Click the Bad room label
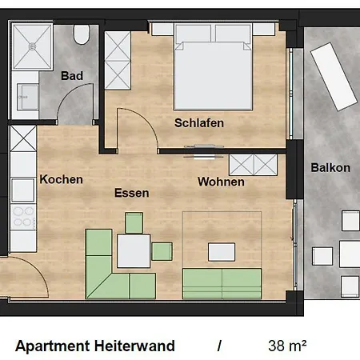(x=72, y=76)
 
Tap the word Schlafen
(x=199, y=123)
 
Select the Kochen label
(x=61, y=179)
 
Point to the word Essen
(x=132, y=193)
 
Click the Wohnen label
(x=221, y=182)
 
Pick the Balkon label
(x=330, y=168)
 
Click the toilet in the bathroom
(x=81, y=34)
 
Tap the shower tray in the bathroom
(x=32, y=47)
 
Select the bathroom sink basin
(x=28, y=97)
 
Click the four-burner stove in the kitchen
(x=23, y=217)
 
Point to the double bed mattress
(x=213, y=76)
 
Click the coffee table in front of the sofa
(x=222, y=252)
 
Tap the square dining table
(x=134, y=250)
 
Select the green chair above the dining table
(x=134, y=223)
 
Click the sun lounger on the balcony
(x=334, y=77)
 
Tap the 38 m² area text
(x=287, y=346)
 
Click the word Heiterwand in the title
(x=134, y=346)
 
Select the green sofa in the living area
(x=222, y=283)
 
